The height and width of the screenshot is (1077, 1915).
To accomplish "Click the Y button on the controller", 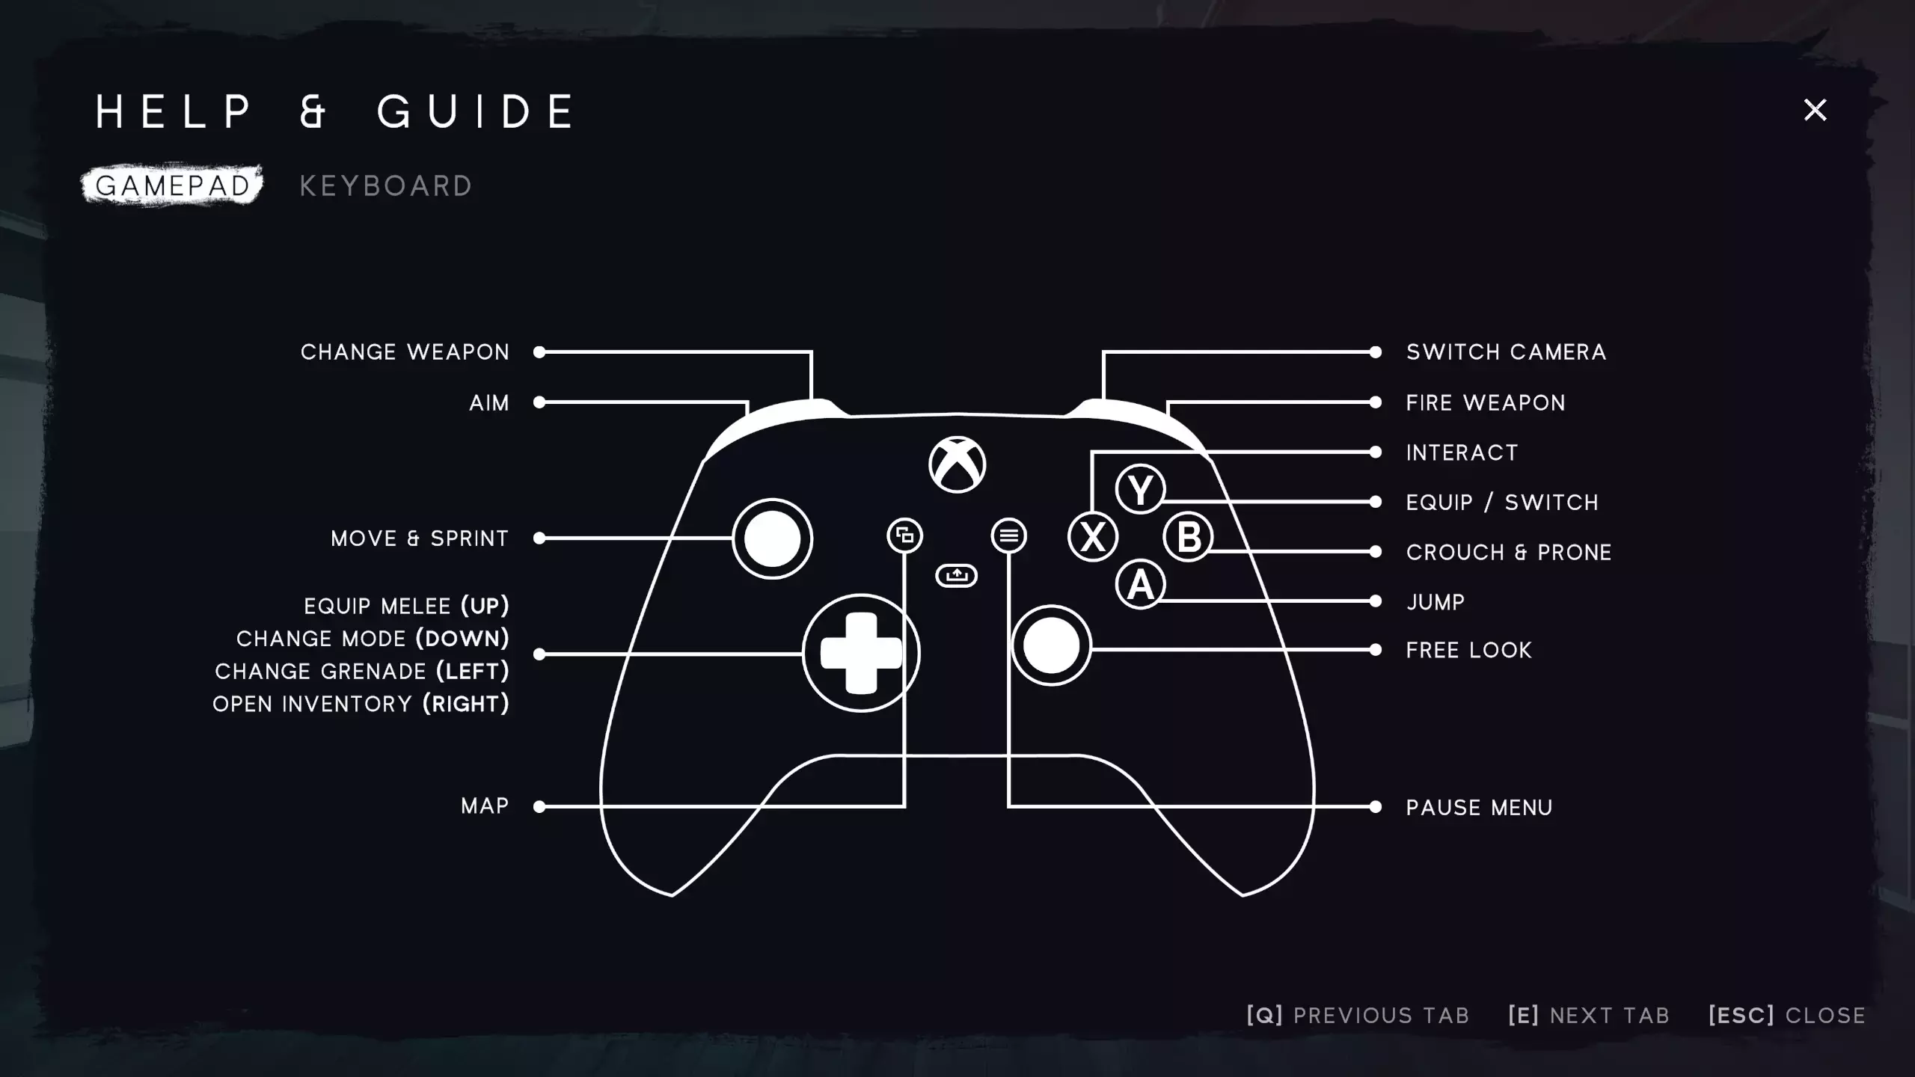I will (1140, 489).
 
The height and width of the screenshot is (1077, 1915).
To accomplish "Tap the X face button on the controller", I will (1093, 536).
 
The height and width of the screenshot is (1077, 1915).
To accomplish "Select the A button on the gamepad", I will (1140, 584).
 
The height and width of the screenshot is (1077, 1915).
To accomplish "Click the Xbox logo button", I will (957, 464).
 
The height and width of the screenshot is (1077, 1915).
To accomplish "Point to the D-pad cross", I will (861, 653).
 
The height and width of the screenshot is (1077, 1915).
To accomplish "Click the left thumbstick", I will (772, 538).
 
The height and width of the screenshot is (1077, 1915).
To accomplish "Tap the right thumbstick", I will (1051, 645).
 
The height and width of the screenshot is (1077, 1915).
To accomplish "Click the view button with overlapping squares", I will (905, 536).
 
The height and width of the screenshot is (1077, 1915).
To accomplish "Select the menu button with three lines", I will (1008, 536).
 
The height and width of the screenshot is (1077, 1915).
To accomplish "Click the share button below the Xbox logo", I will (956, 575).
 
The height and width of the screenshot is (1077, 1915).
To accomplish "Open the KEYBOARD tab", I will (386, 185).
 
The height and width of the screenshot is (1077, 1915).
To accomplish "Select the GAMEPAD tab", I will (173, 185).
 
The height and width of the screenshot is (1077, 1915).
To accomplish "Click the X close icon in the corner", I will (1815, 110).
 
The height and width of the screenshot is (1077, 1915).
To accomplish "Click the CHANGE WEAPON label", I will (405, 352).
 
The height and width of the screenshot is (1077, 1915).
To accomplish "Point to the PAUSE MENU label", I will (1479, 808).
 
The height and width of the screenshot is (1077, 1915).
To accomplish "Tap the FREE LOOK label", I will (1468, 651).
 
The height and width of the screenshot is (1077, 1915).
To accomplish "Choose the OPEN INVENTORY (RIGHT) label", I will (361, 704).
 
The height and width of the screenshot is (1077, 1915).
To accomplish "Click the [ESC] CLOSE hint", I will (1786, 1015).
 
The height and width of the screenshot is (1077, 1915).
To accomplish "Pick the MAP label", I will (485, 806).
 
